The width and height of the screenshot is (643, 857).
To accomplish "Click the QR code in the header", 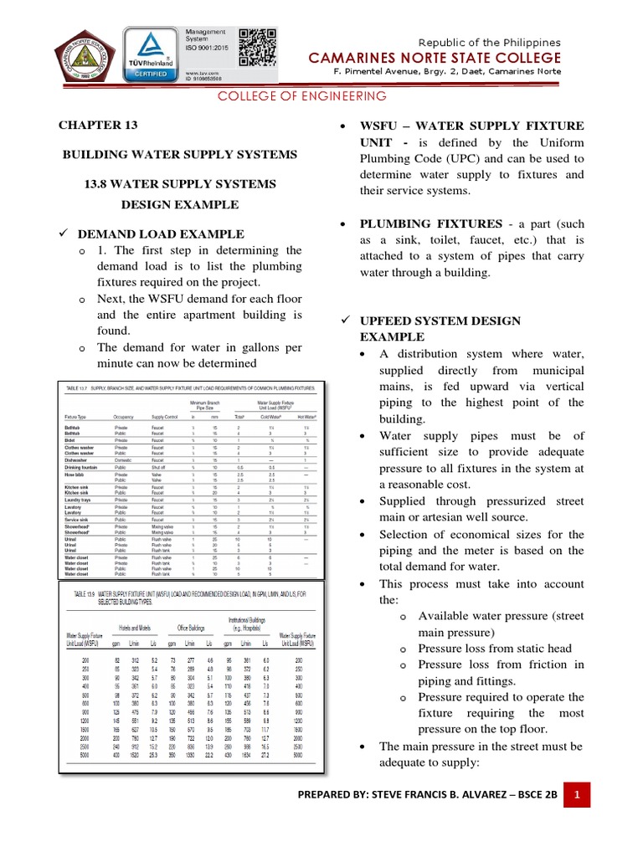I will click(257, 47).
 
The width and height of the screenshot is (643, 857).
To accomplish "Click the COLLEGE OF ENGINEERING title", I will click(302, 96).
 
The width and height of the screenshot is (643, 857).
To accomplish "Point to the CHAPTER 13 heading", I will click(96, 126).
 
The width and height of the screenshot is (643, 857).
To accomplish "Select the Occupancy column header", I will click(124, 416).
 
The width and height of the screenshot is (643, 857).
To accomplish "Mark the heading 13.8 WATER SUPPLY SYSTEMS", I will click(181, 183).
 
